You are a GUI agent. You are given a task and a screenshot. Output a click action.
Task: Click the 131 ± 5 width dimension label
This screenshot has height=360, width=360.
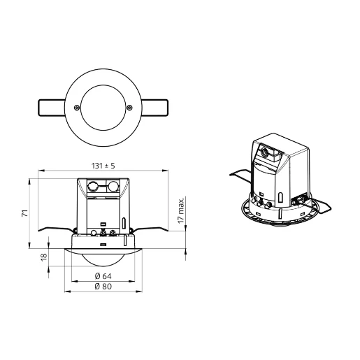[x=103, y=166]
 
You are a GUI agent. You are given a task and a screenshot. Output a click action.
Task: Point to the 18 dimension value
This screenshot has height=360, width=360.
[x=43, y=257]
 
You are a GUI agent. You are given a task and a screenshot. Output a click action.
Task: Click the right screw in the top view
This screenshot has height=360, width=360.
[x=130, y=107]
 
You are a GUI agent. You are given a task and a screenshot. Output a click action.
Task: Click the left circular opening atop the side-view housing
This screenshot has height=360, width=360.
[x=94, y=187]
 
